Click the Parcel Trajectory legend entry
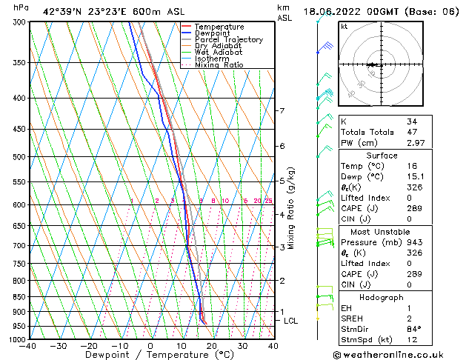pyautogui.click(x=228, y=40)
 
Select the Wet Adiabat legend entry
pyautogui.click(x=218, y=53)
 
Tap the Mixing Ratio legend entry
pyautogui.click(x=219, y=65)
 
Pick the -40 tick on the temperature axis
pyautogui.click(x=27, y=346)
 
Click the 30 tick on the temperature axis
pyautogui.click(x=242, y=346)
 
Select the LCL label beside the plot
pyautogui.click(x=290, y=321)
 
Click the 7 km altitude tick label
pyautogui.click(x=282, y=111)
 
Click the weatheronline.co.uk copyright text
pyautogui.click(x=399, y=355)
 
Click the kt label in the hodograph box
pyautogui.click(x=344, y=26)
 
